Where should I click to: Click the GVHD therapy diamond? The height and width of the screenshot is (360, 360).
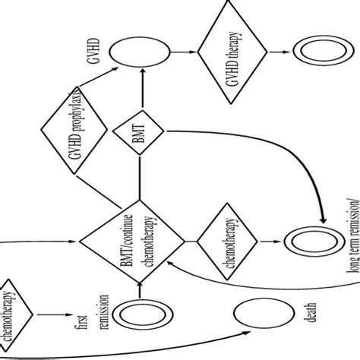pyautogui.click(x=234, y=51)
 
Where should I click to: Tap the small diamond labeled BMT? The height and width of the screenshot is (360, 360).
pyautogui.click(x=140, y=135)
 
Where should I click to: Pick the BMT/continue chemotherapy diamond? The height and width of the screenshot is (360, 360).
pyautogui.click(x=140, y=238)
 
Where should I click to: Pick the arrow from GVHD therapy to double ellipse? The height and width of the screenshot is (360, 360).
pyautogui.click(x=279, y=51)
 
